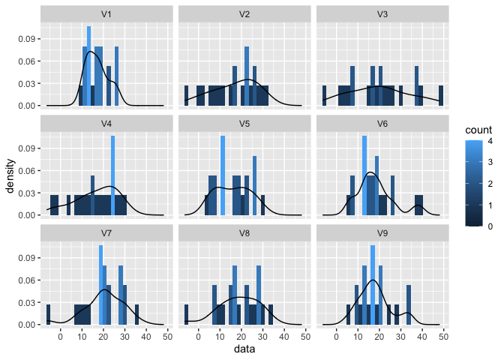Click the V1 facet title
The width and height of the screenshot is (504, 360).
click(x=106, y=14)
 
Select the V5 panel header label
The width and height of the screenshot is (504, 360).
click(x=244, y=124)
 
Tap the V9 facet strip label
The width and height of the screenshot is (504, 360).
click(x=382, y=233)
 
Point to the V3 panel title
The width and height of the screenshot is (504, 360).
click(x=382, y=14)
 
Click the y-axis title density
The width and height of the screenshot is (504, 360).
click(x=10, y=175)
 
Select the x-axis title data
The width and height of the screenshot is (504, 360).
click(x=244, y=349)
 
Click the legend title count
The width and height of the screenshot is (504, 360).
click(x=478, y=130)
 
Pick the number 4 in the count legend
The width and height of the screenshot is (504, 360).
click(x=490, y=141)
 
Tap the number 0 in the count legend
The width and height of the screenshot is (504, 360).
click(x=490, y=226)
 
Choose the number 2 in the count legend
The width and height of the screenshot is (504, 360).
click(x=490, y=184)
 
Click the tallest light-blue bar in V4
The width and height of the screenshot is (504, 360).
click(x=112, y=175)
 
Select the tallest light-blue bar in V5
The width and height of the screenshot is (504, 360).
click(x=223, y=175)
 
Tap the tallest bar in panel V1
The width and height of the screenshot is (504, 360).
click(x=88, y=66)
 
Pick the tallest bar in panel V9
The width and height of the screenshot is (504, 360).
click(x=373, y=285)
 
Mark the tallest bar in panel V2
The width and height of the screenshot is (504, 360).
click(x=247, y=76)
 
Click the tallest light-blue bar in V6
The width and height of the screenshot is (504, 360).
click(x=364, y=175)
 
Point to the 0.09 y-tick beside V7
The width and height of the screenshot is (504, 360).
click(x=25, y=258)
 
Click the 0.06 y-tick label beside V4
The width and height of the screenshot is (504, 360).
click(x=25, y=170)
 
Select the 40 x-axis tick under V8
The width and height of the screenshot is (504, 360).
click(x=284, y=337)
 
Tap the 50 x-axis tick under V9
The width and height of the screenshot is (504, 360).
click(x=443, y=337)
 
